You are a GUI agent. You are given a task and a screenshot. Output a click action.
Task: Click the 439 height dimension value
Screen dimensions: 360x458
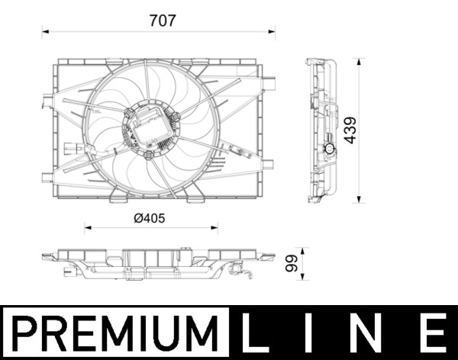(x=350, y=130)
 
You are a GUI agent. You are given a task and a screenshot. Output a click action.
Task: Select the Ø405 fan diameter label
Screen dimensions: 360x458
(x=149, y=218)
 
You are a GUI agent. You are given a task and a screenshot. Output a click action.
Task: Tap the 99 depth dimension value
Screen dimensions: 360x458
(x=291, y=265)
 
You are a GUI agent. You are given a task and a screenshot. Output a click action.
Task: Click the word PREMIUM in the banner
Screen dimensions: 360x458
(x=115, y=333)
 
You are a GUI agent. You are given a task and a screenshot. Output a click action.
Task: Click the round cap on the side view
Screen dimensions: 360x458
(x=329, y=149)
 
